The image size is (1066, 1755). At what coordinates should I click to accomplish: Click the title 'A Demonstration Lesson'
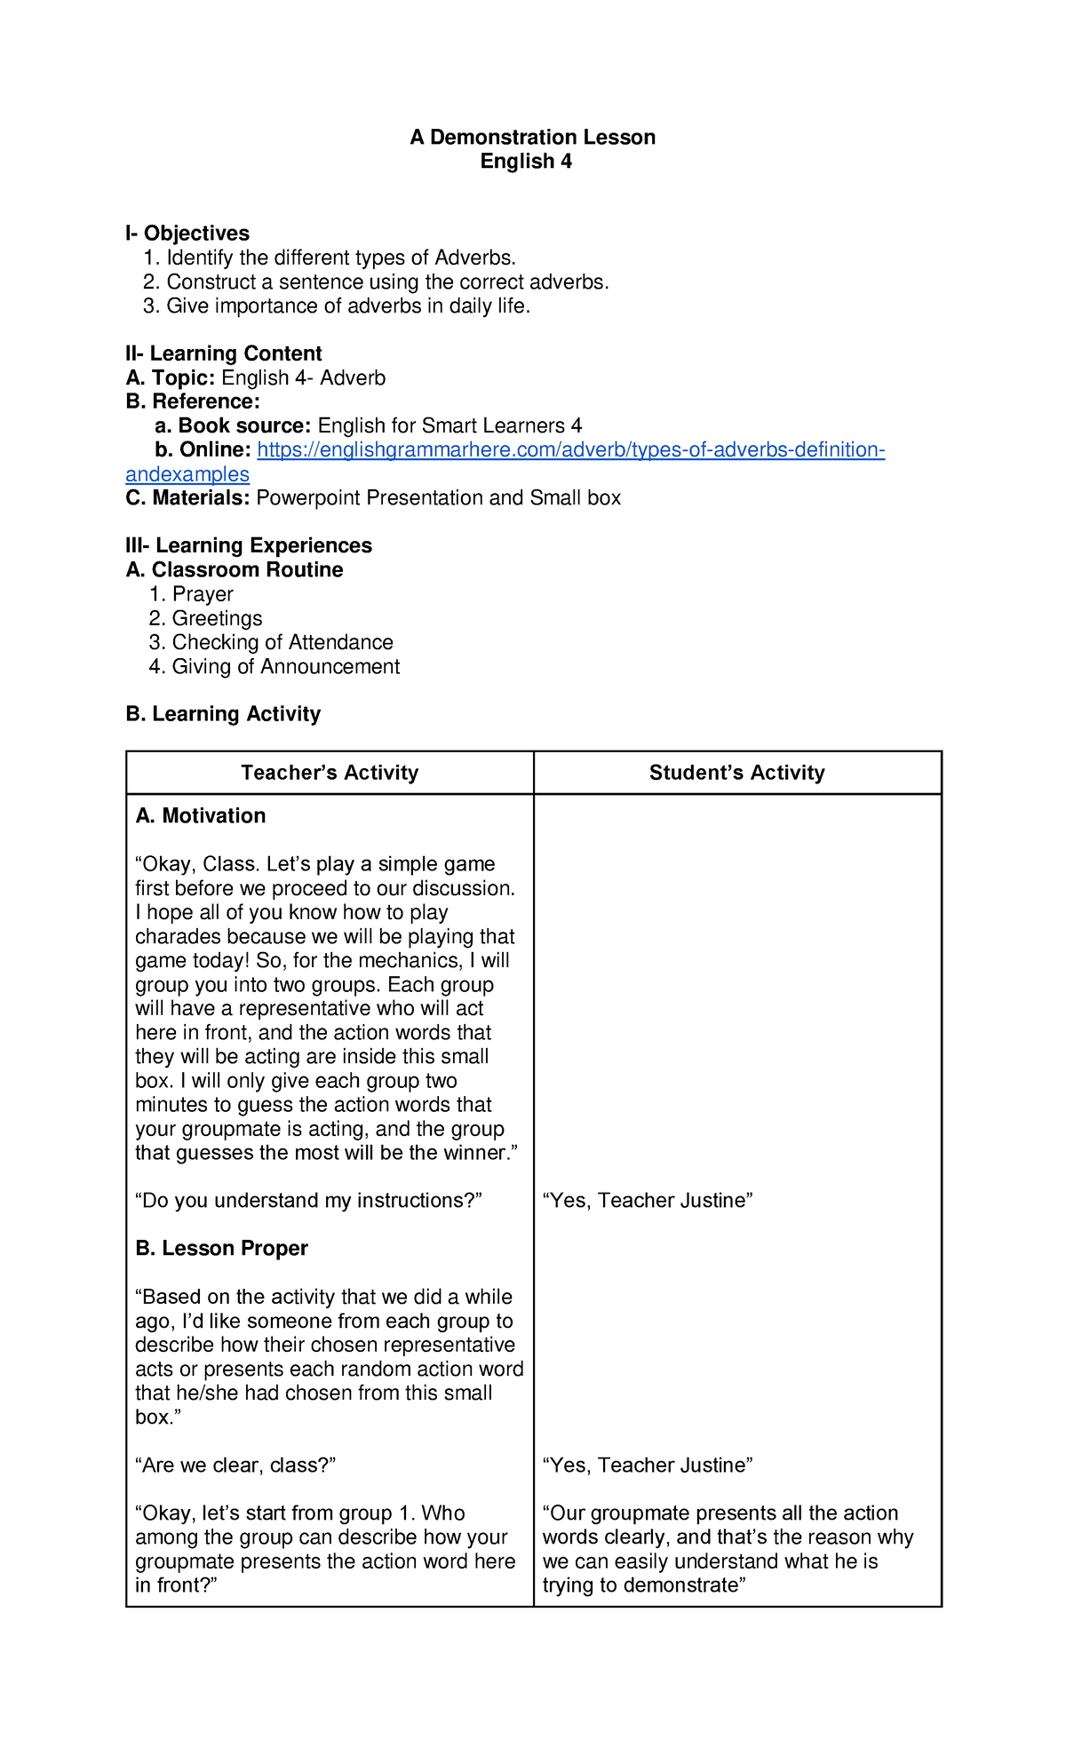coord(532,137)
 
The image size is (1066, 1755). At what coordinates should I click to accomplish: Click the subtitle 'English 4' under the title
coord(526,161)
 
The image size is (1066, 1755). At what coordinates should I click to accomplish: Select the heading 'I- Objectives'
coord(187,233)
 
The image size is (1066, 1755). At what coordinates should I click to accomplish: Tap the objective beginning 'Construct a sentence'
coord(387,282)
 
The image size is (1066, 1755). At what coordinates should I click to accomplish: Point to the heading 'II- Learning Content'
coord(224,353)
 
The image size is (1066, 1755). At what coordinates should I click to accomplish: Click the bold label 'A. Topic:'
coord(171,377)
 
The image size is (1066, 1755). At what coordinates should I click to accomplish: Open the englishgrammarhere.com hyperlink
coord(570,450)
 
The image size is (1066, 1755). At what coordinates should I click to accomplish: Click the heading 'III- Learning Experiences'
coord(249,545)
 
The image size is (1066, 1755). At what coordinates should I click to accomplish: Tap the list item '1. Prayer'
coord(192,593)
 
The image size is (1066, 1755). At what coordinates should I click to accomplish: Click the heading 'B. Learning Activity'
coord(223,714)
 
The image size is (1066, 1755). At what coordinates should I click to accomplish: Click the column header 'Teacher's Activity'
coord(330,773)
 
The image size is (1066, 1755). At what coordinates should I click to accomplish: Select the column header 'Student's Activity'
coord(736,773)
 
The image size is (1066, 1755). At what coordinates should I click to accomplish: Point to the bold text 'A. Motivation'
coord(201,815)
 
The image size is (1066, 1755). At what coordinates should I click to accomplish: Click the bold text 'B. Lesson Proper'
coord(221,1248)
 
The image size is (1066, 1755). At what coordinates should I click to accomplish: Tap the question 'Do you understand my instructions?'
coord(308,1200)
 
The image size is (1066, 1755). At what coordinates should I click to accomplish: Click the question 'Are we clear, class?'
coord(235,1465)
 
